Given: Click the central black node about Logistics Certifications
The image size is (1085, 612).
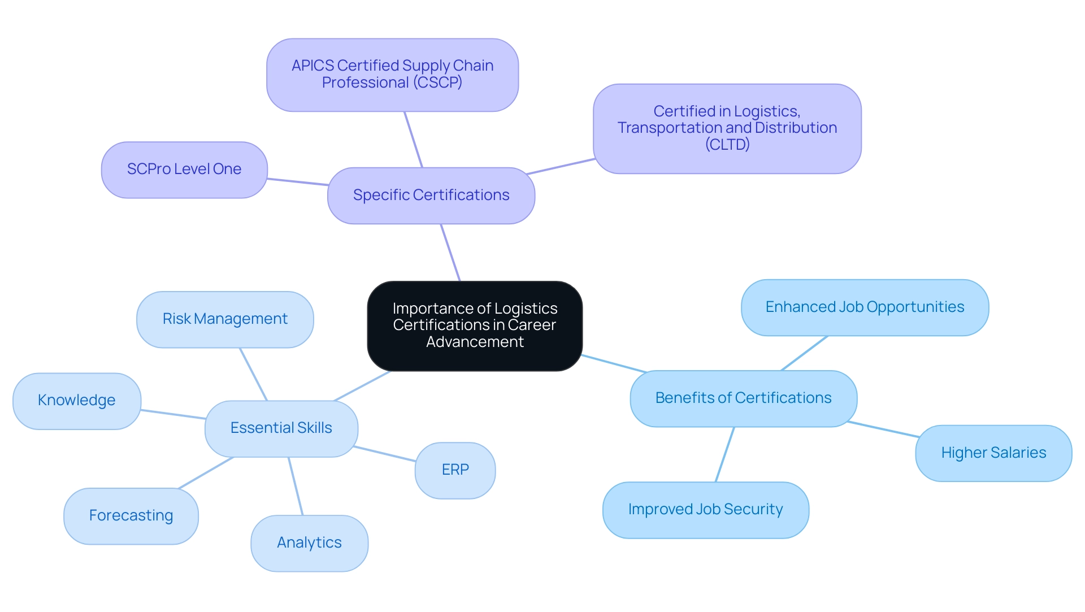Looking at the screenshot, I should tap(475, 325).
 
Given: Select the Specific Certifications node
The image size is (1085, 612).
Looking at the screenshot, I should tap(431, 195).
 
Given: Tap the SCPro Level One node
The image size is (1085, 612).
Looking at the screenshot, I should tap(184, 169).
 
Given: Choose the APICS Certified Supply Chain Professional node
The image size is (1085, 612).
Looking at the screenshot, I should tap(392, 75).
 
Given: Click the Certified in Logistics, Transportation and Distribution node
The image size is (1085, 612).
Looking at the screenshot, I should tap(727, 128).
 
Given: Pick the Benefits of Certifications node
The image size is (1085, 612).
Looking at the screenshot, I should tap(743, 398).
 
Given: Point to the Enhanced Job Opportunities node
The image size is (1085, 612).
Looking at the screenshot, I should tap(865, 307).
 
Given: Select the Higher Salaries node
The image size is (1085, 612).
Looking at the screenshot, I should tap(993, 453).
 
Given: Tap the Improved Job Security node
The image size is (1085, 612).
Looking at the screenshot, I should tap(705, 509).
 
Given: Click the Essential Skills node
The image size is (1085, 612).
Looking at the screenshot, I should tap(281, 428).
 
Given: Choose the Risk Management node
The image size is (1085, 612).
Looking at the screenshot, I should tap(225, 319).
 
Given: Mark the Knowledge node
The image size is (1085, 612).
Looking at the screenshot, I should tap(76, 400).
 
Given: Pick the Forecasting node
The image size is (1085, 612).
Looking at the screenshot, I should tap(131, 515).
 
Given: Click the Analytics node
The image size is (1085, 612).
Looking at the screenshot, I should tap(309, 542).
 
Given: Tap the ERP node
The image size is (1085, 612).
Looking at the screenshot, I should tap(455, 470).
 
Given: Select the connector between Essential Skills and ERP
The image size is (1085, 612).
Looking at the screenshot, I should tap(384, 454).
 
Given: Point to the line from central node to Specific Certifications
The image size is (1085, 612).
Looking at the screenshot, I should tap(450, 253).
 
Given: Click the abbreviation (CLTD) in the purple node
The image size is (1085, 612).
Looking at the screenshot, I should tap(727, 145).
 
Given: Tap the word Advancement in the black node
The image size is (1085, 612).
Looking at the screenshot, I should tap(475, 342).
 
